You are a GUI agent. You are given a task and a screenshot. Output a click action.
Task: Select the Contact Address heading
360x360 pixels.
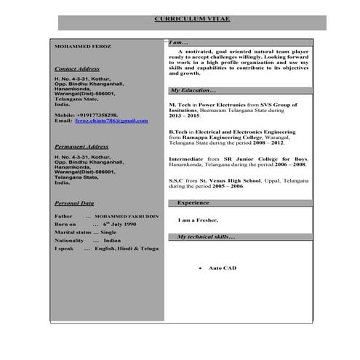click(x=77, y=68)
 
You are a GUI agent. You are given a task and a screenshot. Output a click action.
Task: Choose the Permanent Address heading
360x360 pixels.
click(x=81, y=146)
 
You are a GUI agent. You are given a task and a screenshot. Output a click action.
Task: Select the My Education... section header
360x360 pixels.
click(x=192, y=90)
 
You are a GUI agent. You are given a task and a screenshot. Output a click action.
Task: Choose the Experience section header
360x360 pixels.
click(x=193, y=202)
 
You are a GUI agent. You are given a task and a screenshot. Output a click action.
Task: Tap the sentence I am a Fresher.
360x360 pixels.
click(x=198, y=220)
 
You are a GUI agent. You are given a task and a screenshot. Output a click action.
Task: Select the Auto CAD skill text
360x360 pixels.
click(x=223, y=268)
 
